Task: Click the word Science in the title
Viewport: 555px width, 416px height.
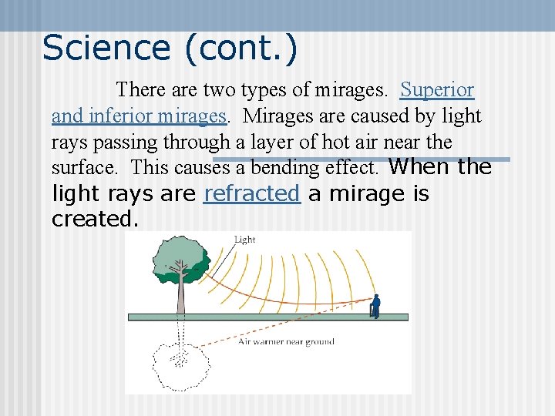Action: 106,48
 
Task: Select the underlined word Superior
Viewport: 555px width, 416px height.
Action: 437,90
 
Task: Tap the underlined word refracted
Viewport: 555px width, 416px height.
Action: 251,194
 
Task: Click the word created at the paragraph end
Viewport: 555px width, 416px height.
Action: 95,220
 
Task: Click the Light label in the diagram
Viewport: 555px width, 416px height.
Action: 244,240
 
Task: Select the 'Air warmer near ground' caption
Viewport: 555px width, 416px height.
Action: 286,341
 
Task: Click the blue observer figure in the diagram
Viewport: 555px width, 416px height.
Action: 375,305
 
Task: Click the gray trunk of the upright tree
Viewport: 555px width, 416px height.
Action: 180,297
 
